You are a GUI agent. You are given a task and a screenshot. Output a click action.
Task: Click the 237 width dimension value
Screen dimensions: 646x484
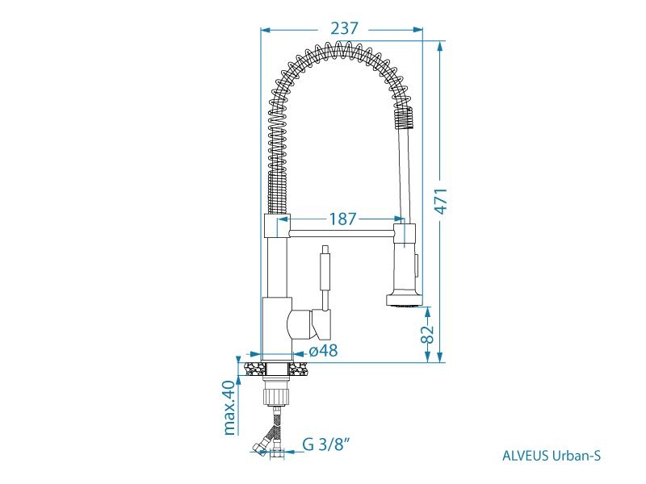[345, 28]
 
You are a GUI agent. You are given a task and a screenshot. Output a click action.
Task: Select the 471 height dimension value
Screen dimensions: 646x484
[441, 201]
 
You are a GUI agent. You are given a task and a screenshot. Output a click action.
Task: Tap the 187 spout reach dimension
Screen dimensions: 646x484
[342, 219]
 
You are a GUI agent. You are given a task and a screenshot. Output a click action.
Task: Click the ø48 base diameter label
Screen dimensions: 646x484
[324, 351]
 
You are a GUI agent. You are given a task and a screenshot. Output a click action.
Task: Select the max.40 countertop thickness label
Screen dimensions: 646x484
[229, 407]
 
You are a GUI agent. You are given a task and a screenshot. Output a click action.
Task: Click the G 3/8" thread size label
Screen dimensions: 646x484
[327, 444]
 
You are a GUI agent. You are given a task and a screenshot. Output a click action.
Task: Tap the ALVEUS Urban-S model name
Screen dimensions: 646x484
[552, 456]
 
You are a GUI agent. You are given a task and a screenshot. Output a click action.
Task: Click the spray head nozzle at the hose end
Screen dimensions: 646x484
[405, 300]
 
